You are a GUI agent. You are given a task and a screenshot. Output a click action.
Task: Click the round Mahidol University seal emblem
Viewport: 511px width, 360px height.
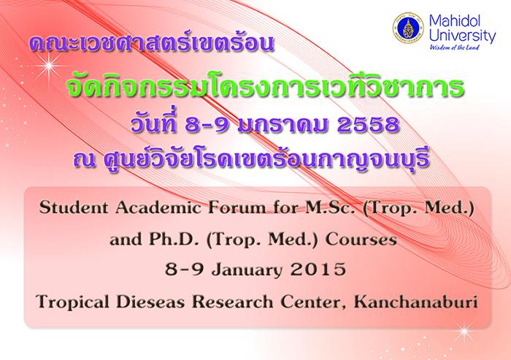407,28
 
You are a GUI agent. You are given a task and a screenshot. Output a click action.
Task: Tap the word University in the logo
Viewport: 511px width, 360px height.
462,36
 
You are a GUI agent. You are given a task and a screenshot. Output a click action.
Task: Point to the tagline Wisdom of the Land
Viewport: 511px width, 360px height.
454,47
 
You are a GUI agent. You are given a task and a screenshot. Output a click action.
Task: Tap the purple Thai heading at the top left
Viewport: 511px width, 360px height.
152,45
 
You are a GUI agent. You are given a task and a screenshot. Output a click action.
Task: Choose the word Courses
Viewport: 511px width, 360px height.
361,240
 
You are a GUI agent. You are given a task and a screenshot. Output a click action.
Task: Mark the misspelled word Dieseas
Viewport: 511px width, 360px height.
150,302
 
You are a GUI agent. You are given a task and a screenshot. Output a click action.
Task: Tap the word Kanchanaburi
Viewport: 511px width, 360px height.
416,302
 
